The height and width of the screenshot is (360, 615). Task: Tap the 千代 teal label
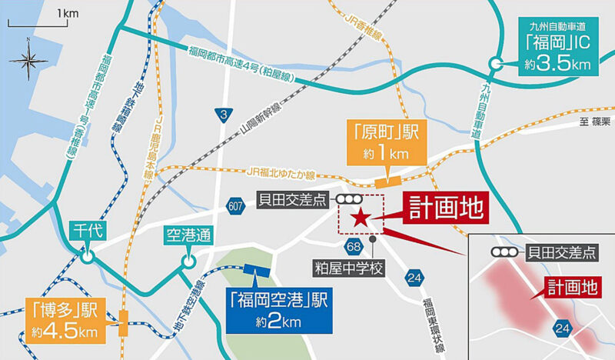pos(87,230)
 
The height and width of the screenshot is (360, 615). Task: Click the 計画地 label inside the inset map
pos(571,287)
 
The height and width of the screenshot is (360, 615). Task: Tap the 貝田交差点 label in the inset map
pos(560,252)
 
